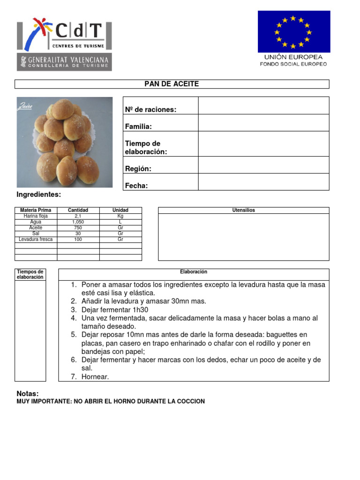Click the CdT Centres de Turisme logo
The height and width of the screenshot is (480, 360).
[64, 34]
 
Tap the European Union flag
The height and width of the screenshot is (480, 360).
[293, 32]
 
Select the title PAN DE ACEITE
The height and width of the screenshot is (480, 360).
[172, 84]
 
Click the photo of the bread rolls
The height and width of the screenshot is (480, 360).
[65, 142]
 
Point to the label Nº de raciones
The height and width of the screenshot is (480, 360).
[150, 110]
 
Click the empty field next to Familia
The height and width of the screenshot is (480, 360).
[263, 123]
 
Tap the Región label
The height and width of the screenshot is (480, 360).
[138, 169]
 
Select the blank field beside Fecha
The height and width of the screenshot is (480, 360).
[263, 182]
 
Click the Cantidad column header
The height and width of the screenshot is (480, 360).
[78, 210]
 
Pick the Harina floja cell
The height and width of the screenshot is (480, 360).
[36, 216]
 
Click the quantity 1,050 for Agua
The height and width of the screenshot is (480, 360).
[78, 222]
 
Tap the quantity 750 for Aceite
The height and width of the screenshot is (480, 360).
[78, 227]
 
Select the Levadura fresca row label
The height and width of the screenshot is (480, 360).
[36, 239]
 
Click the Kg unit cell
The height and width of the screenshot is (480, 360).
[120, 216]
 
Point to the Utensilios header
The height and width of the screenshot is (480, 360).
[244, 210]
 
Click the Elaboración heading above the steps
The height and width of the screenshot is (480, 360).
[194, 272]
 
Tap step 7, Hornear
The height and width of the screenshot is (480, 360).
[95, 376]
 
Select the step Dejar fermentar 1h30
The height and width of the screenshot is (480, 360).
[114, 310]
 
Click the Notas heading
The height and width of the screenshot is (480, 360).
[28, 393]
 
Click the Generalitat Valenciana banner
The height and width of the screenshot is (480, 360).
[64, 62]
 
